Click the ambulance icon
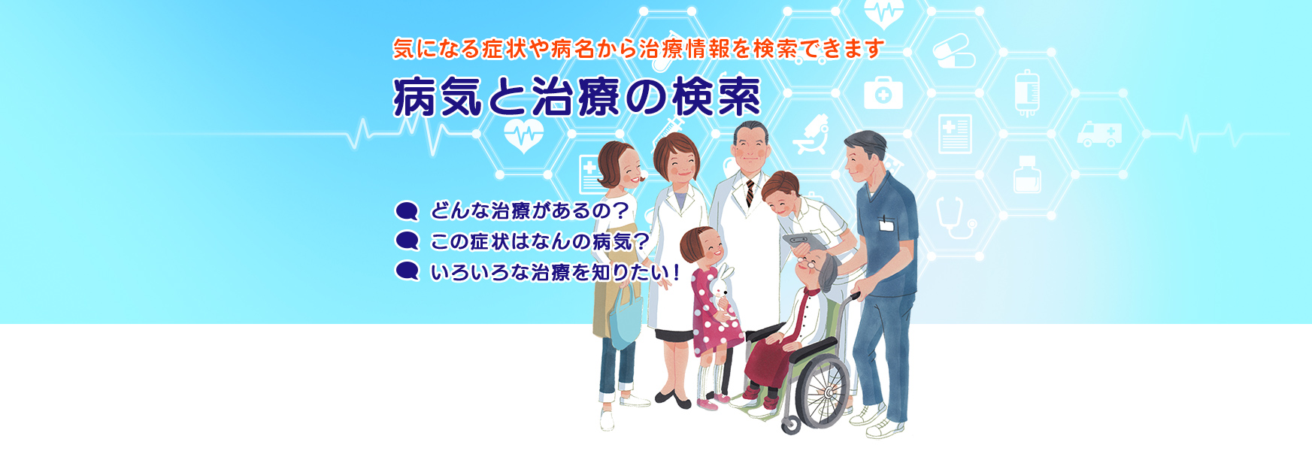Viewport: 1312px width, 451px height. (x=1098, y=135)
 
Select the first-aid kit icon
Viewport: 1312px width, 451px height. (x=883, y=93)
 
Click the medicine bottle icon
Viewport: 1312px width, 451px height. (x=1027, y=174)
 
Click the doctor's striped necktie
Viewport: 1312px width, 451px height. (x=750, y=193)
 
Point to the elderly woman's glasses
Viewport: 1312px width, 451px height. (x=811, y=265)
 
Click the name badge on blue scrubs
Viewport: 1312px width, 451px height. (x=887, y=223)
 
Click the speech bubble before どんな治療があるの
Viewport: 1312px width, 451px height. (x=407, y=211)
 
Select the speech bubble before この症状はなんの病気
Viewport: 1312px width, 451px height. (x=407, y=241)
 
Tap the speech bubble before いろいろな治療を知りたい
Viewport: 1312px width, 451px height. (x=407, y=271)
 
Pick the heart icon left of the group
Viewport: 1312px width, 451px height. (x=523, y=135)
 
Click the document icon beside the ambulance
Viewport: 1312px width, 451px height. (x=955, y=135)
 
